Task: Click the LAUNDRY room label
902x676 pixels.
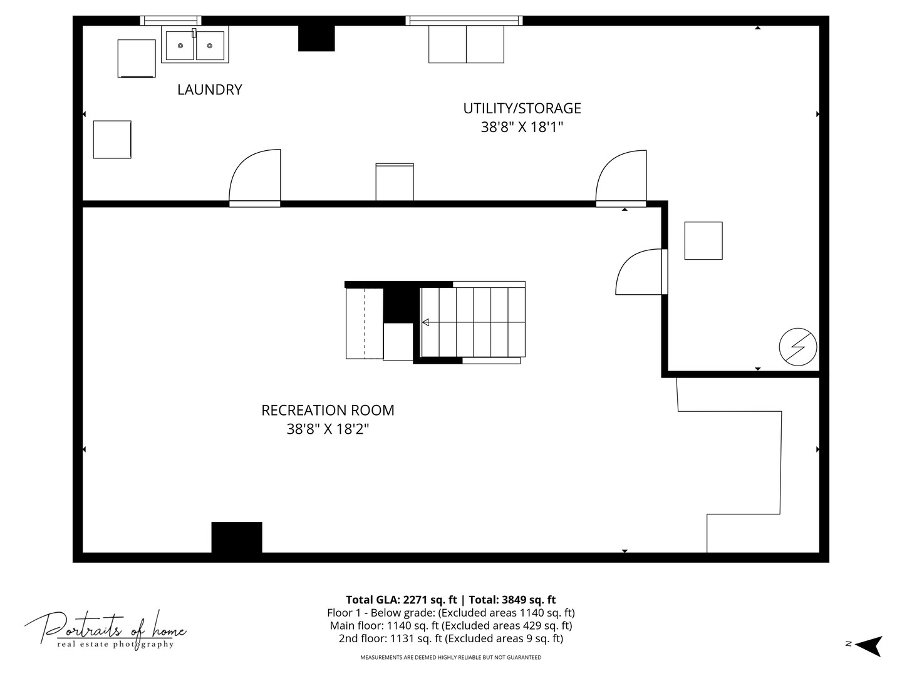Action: [x=210, y=90]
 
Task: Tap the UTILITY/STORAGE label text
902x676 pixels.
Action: [x=522, y=108]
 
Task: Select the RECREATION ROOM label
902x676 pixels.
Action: [x=328, y=411]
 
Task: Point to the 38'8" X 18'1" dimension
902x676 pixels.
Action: [x=522, y=127]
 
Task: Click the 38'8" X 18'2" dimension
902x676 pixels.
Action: [x=328, y=429]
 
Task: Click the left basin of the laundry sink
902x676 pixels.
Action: [x=180, y=46]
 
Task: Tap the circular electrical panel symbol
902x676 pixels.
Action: [x=797, y=347]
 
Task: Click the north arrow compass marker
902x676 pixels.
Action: [x=868, y=645]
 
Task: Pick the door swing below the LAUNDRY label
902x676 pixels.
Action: [x=255, y=178]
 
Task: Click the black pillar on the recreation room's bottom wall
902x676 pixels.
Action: [x=237, y=537]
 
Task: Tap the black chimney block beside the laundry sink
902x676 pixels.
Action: [x=316, y=38]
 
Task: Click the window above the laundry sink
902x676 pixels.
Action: [x=170, y=21]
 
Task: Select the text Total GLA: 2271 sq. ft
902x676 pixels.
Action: [x=401, y=600]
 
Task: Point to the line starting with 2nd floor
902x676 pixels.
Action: [x=451, y=638]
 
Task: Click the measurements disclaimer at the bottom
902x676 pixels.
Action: [x=451, y=657]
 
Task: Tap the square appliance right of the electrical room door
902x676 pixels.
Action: [x=703, y=240]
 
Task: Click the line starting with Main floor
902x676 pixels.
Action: [x=451, y=625]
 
